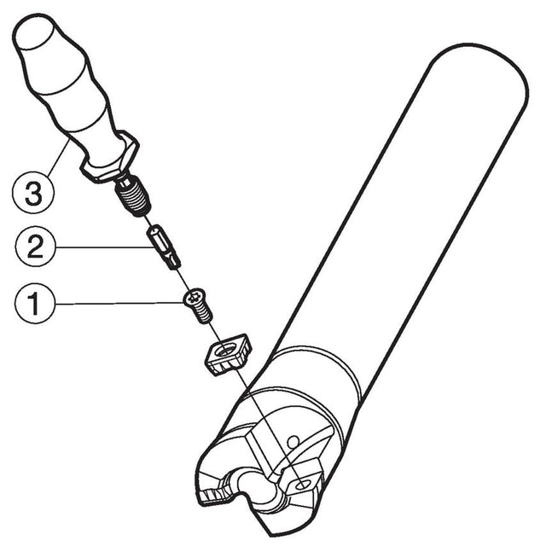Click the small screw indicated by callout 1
[197, 305]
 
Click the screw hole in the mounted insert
[304, 485]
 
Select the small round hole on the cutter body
[292, 441]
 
